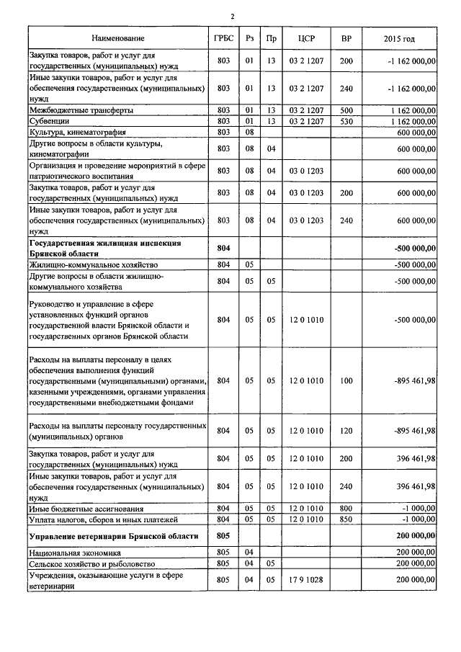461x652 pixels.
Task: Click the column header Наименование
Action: click(118, 37)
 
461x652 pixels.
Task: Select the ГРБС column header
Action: click(223, 37)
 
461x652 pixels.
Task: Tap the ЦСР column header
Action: click(306, 37)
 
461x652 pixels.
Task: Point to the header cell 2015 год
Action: click(399, 37)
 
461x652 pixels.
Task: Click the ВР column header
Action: click(346, 37)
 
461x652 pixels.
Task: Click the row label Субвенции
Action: click(49, 121)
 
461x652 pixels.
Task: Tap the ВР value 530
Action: click(346, 121)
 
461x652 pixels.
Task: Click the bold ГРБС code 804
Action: click(223, 248)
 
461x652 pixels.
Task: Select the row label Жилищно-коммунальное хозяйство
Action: click(84, 264)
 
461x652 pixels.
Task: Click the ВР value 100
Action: click(346, 380)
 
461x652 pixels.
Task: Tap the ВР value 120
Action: click(346, 431)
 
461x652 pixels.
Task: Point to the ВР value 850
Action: click(346, 519)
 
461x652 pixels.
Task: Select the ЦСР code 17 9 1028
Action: click(306, 579)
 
